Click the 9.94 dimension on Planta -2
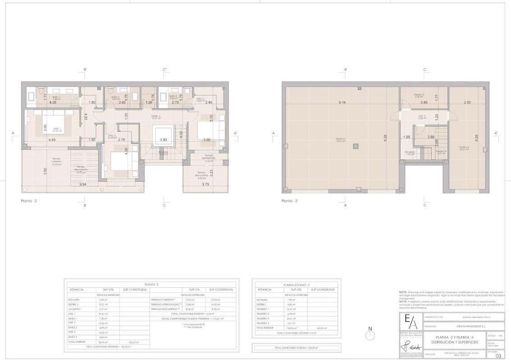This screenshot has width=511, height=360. coord(83,185)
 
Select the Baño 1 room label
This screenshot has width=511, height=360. coord(56,97)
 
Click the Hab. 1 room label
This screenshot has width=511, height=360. coord(57,130)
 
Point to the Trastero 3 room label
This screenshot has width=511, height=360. coord(464,148)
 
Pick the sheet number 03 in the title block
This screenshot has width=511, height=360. coord(498,356)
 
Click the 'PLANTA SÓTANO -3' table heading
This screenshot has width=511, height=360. coord(296,285)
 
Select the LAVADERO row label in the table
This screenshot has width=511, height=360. coord(75,309)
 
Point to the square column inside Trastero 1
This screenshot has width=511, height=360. coord(356,145)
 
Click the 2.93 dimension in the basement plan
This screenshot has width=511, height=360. coord(467,102)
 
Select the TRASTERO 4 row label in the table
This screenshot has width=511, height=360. coord(263,323)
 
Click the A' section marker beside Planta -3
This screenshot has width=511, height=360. coord(496,134)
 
